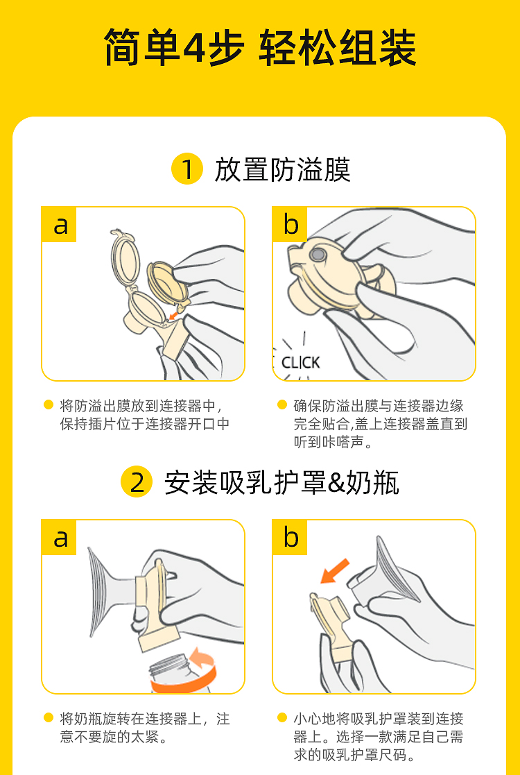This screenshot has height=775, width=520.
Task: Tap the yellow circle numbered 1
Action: [x=187, y=169]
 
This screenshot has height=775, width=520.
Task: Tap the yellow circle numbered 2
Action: [x=137, y=482]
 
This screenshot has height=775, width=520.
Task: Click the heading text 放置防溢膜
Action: [x=282, y=169]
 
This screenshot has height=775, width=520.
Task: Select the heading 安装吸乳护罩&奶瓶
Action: [x=281, y=482]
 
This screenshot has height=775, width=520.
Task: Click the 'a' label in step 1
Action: [x=60, y=225]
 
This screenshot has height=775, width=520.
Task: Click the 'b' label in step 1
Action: [x=291, y=225]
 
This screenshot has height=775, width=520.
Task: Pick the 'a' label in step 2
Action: [x=60, y=537]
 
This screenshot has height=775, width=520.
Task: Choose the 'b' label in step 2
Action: [x=291, y=537]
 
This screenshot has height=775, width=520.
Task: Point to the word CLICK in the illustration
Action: [x=301, y=363]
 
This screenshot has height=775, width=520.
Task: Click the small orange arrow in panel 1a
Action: [x=174, y=315]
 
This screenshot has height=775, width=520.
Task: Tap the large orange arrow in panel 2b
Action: [x=335, y=572]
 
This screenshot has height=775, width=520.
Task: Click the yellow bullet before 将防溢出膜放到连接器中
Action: [x=49, y=404]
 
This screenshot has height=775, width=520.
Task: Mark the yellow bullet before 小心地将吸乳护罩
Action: [x=282, y=717]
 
